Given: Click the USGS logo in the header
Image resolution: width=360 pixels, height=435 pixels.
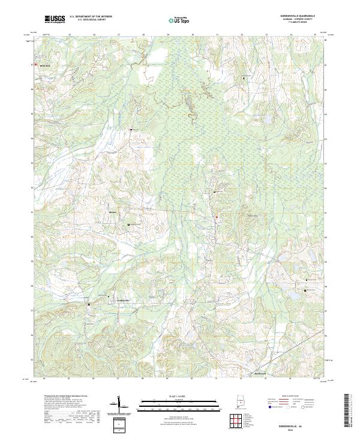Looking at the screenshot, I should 55,19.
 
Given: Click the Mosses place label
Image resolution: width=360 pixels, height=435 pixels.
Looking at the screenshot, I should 113,212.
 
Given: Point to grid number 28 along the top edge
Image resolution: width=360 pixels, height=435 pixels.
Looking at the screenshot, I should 143,35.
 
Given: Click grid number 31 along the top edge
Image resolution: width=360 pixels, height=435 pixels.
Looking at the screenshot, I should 217,35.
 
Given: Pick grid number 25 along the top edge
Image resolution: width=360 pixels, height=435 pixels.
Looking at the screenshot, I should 70,35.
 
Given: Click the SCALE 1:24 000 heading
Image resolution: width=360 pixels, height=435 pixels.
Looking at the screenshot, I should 179,397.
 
